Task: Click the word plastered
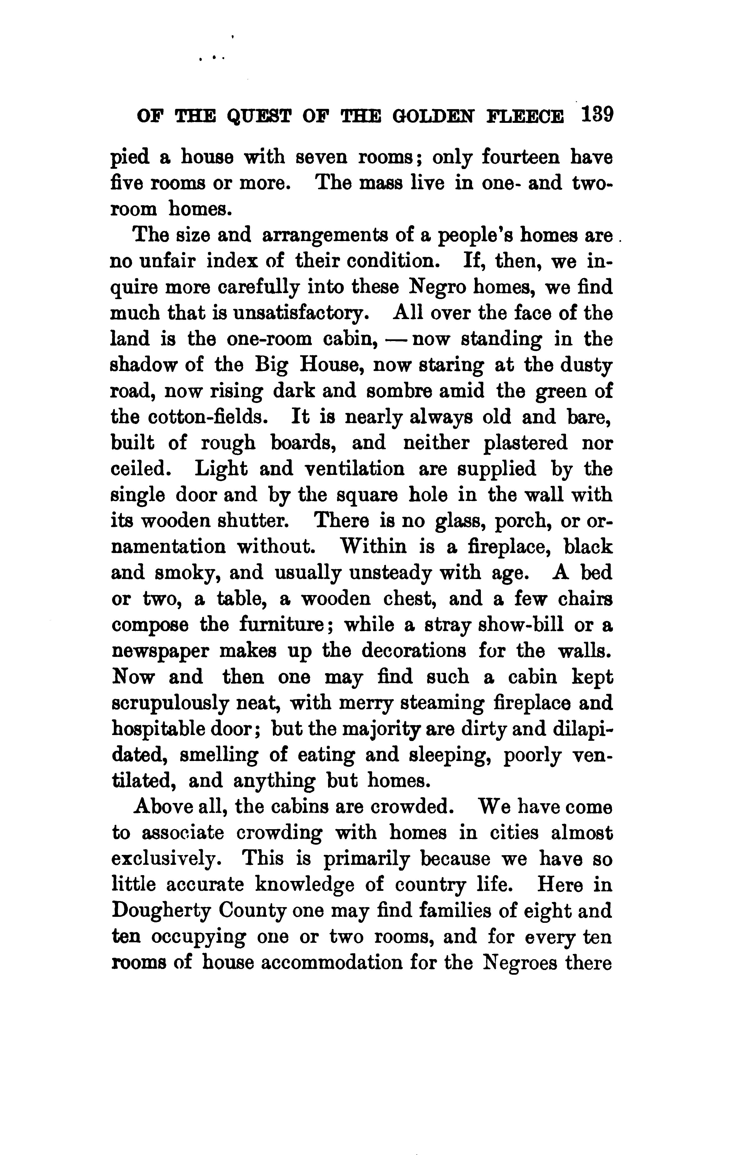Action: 525,443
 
